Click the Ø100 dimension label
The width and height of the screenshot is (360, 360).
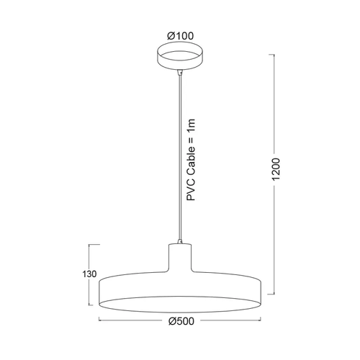pos(181,36)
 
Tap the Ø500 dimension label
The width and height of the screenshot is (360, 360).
pos(181,321)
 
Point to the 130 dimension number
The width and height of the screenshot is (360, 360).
pos(89,274)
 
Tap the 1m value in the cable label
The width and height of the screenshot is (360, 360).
pos(191,125)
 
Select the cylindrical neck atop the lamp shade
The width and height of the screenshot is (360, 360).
pos(180,258)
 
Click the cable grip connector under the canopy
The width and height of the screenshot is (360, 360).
pos(180,72)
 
